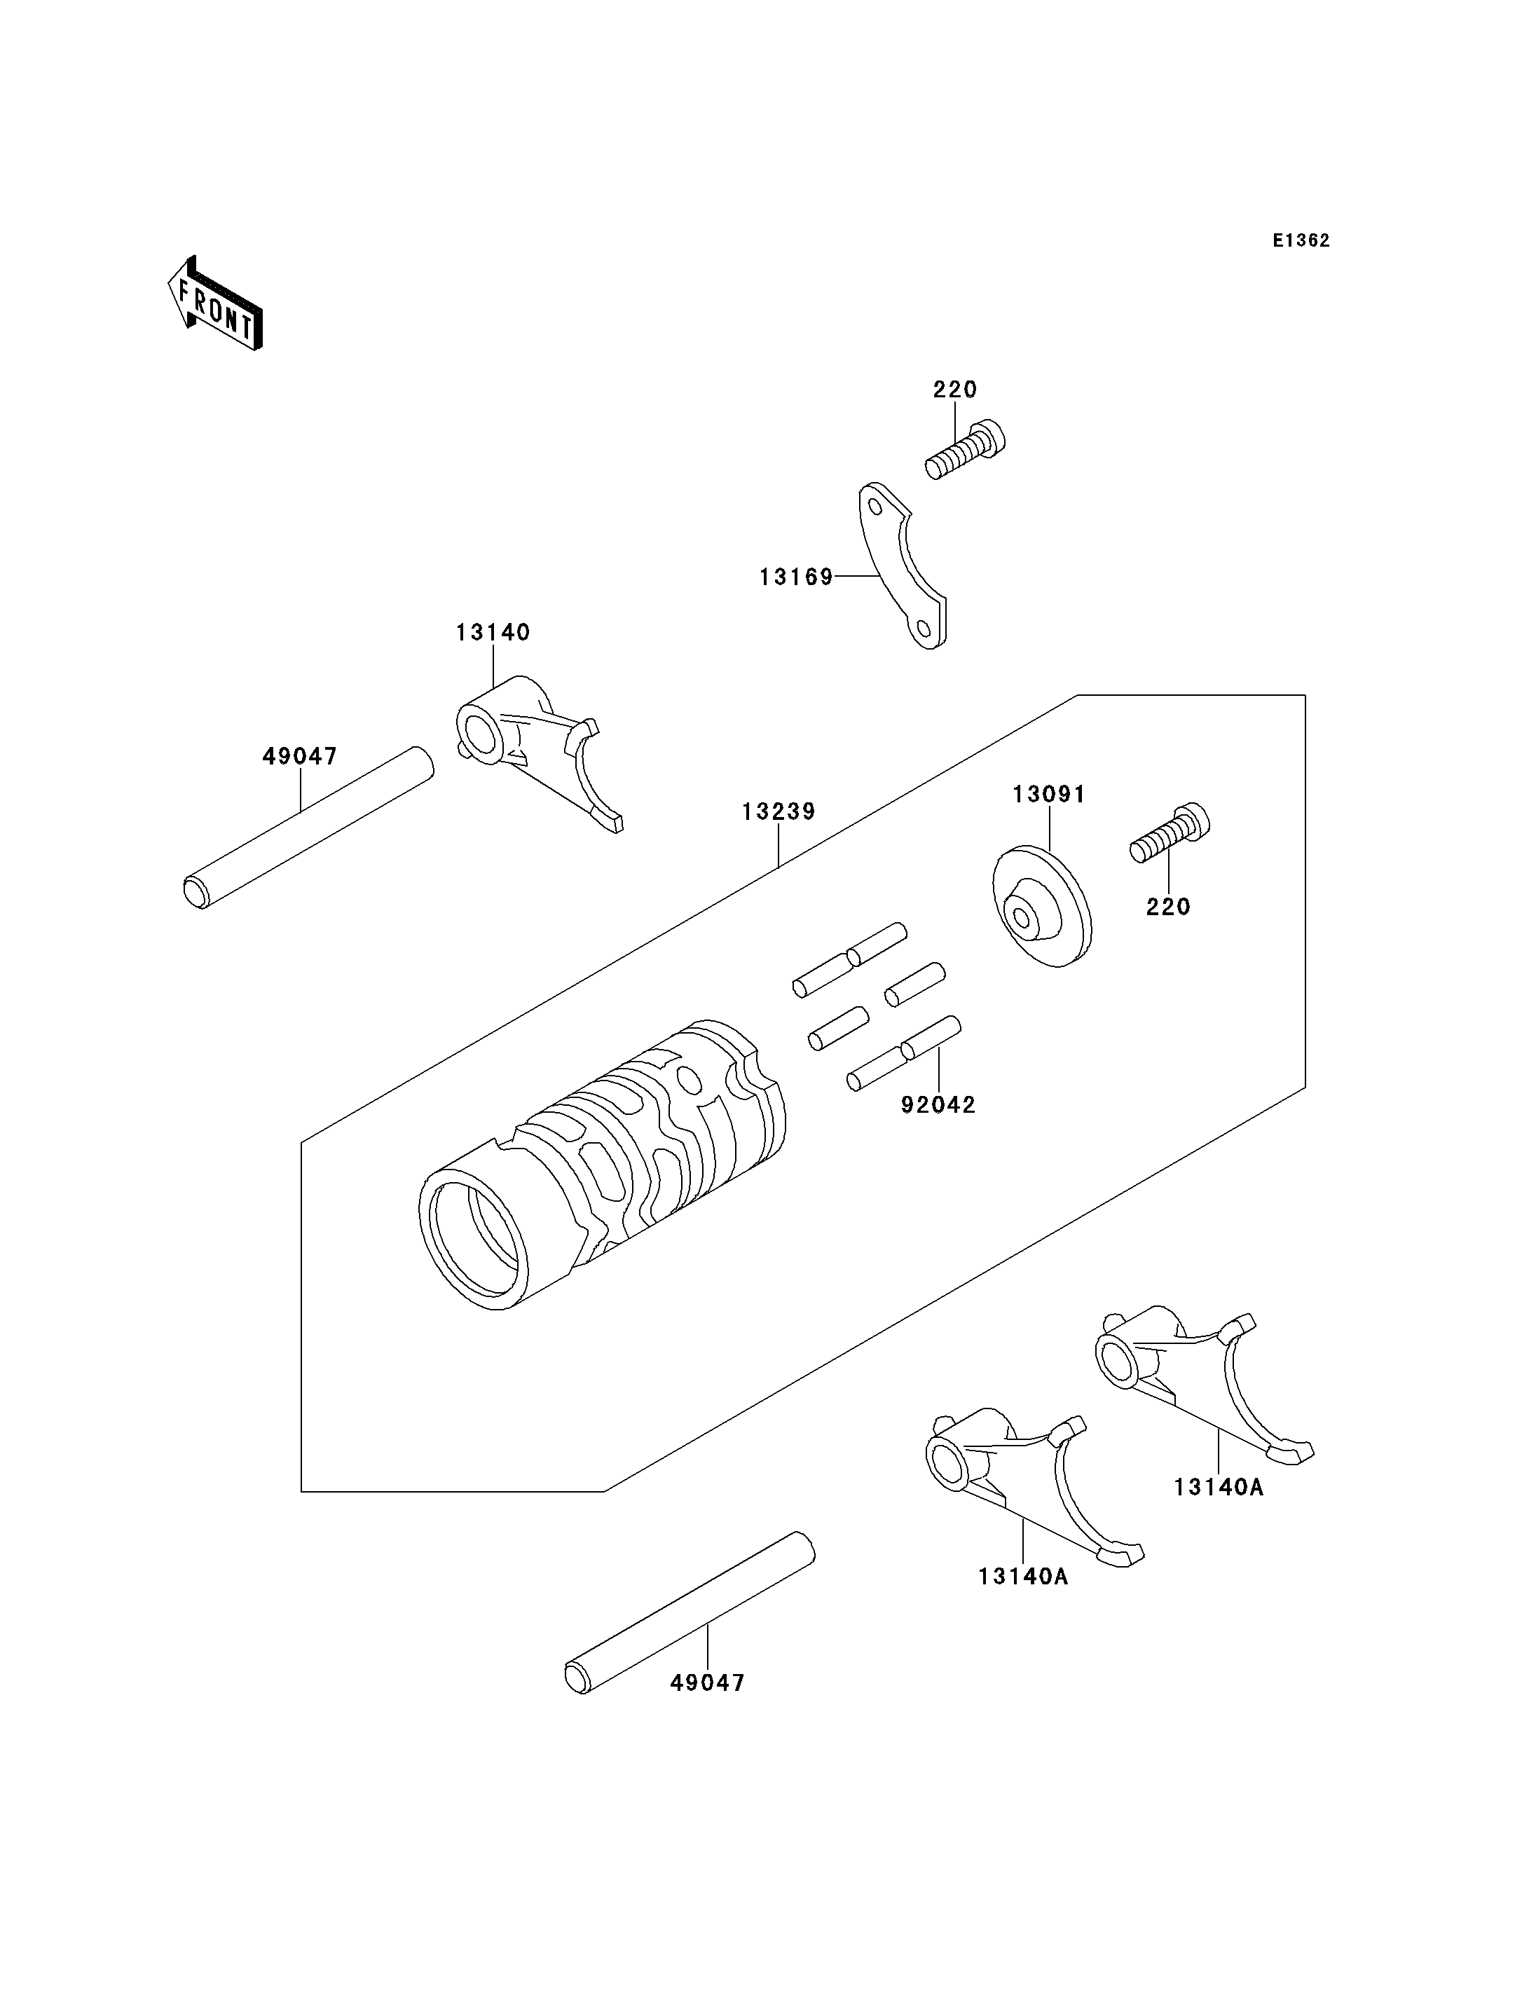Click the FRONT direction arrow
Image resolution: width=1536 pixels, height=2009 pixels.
pyautogui.click(x=216, y=305)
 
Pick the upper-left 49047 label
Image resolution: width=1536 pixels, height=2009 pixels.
pyautogui.click(x=300, y=756)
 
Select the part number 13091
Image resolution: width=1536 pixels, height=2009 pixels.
pyautogui.click(x=1049, y=795)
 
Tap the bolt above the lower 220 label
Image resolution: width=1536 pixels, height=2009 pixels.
pyautogui.click(x=1170, y=832)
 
